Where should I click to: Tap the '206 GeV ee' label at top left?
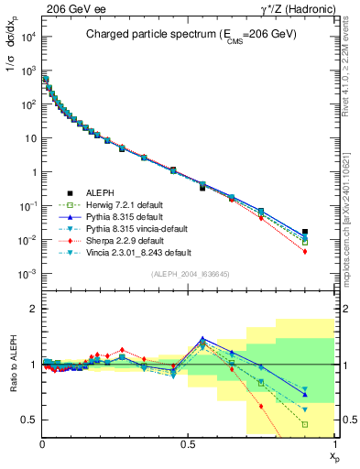(x=74, y=8)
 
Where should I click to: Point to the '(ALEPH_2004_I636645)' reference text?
(x=190, y=274)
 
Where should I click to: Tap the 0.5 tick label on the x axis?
(x=189, y=442)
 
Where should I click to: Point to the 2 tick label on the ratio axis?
(x=34, y=309)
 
